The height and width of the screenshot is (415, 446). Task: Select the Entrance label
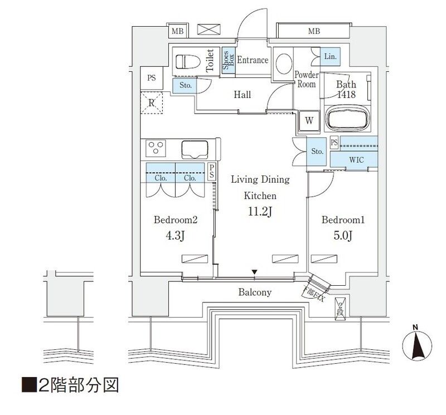(253, 60)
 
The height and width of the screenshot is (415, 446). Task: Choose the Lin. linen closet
(329, 56)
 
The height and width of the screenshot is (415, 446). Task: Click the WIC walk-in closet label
(357, 160)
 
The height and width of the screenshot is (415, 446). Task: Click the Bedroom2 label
(176, 221)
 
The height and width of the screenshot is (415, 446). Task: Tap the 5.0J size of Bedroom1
(343, 237)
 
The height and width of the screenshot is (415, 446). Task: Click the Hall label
(241, 95)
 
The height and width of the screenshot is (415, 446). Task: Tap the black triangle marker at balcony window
(255, 272)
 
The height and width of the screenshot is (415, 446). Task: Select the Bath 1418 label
(345, 90)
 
